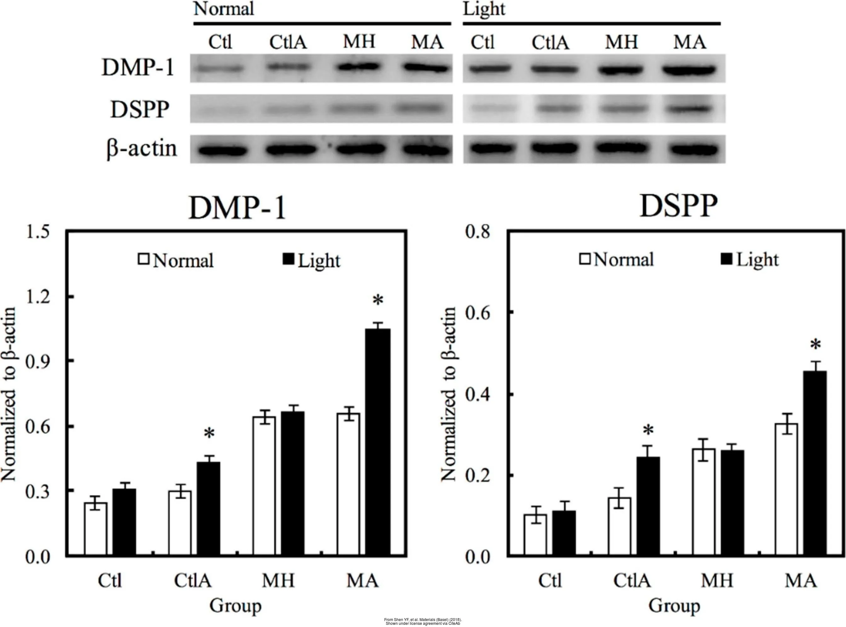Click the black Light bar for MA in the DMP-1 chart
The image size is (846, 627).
point(378,442)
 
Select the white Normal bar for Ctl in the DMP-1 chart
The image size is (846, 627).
point(96,529)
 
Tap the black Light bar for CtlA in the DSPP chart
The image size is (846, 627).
point(648,507)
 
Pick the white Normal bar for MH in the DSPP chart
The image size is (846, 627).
point(704,503)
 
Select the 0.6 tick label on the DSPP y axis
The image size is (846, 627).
point(477,312)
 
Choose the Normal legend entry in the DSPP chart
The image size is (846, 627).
point(617,260)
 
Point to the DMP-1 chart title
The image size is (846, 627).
point(237,208)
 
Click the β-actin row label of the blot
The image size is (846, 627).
point(141,149)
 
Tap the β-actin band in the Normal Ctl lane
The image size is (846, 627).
point(222,150)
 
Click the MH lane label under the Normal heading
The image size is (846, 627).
point(359,42)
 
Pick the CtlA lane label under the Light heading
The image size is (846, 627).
point(550,43)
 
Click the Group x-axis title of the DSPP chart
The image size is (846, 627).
point(674,606)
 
